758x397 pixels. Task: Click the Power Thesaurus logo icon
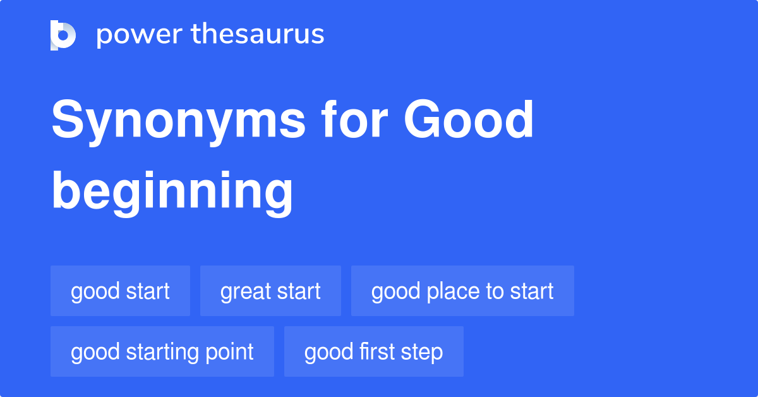pyautogui.click(x=63, y=35)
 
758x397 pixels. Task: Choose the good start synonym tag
pyautogui.click(x=120, y=291)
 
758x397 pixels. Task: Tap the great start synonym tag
pyautogui.click(x=270, y=291)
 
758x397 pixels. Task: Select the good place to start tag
pyautogui.click(x=462, y=291)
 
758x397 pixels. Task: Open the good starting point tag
pyautogui.click(x=162, y=351)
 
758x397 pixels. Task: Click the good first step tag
pyautogui.click(x=373, y=351)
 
